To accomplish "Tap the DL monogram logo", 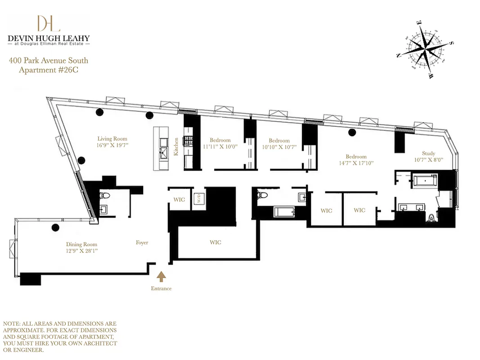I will [x=49, y=23].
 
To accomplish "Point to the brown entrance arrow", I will [x=161, y=276].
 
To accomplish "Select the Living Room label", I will [x=112, y=139].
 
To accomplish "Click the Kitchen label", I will [x=176, y=147].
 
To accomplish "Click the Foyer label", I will [x=142, y=243].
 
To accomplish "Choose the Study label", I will [x=428, y=153].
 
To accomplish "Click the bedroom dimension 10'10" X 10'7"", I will [x=279, y=147].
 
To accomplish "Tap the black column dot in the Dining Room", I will [x=55, y=228].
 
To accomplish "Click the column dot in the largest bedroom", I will [x=352, y=132].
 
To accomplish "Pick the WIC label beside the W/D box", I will [x=179, y=199].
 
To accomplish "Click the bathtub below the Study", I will [x=425, y=181].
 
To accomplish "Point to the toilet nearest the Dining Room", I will [x=104, y=196].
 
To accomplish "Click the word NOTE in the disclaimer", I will [x=12, y=324].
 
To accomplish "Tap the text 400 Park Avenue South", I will [x=49, y=61].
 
